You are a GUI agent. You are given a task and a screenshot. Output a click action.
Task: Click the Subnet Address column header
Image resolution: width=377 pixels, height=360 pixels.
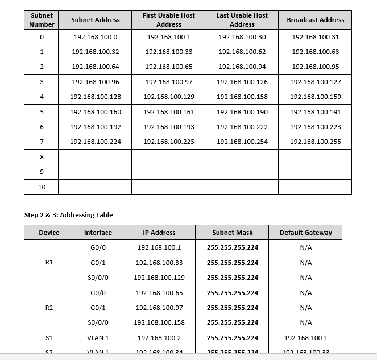click(x=95, y=20)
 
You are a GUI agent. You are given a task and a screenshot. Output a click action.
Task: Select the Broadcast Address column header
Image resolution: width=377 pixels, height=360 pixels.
click(x=315, y=20)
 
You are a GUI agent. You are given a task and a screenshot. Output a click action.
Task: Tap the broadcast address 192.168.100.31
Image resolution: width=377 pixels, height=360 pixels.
click(x=315, y=37)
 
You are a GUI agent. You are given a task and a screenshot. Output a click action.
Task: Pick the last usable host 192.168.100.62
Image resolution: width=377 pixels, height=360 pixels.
click(x=242, y=52)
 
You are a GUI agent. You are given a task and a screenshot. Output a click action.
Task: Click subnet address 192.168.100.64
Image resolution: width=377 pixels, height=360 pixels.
click(x=95, y=67)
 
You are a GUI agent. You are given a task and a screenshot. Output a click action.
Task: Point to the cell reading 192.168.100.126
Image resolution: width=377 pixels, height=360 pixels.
click(x=242, y=82)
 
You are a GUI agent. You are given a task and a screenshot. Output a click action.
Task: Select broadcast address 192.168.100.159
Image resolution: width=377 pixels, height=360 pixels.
click(x=315, y=97)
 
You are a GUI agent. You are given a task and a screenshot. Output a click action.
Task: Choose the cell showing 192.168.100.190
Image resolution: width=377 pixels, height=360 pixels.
click(x=242, y=112)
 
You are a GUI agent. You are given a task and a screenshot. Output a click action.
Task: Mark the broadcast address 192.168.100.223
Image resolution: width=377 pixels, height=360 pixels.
click(x=315, y=127)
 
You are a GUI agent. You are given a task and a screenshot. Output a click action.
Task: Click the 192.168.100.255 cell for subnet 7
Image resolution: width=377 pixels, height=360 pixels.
click(x=315, y=142)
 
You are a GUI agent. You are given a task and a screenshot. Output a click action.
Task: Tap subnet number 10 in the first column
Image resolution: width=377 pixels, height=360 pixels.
click(x=42, y=187)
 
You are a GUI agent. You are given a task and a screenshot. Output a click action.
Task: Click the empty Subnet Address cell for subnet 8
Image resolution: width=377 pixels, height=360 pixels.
click(x=95, y=156)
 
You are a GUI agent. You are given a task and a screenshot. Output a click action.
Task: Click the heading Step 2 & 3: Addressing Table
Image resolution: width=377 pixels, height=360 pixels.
click(x=68, y=215)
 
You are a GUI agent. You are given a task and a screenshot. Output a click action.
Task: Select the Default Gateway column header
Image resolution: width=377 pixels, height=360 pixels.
click(x=305, y=233)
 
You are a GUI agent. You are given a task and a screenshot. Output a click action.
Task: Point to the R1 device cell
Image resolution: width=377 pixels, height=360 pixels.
click(x=49, y=263)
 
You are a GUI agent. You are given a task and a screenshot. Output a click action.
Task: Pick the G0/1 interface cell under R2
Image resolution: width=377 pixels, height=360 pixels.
click(x=98, y=308)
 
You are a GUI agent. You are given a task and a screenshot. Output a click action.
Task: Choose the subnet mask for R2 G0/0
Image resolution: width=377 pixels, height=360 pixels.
click(x=232, y=293)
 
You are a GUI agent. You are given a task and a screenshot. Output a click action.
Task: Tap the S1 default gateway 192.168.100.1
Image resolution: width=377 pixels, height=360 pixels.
click(x=305, y=338)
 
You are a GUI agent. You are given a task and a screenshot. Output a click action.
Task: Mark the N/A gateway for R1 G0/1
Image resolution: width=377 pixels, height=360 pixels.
click(x=305, y=263)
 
